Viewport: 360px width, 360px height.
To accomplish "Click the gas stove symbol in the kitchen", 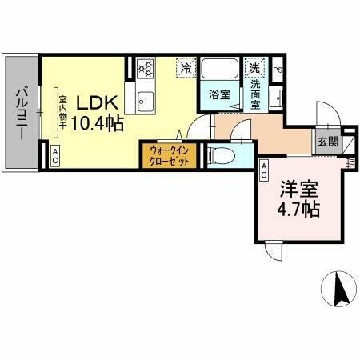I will [145, 68].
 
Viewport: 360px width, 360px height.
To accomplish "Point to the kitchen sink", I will [145, 100].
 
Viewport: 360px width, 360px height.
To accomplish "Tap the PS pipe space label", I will [278, 69].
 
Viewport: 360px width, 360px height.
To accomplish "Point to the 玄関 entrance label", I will [326, 141].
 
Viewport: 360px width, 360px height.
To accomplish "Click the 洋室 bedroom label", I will [298, 190].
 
